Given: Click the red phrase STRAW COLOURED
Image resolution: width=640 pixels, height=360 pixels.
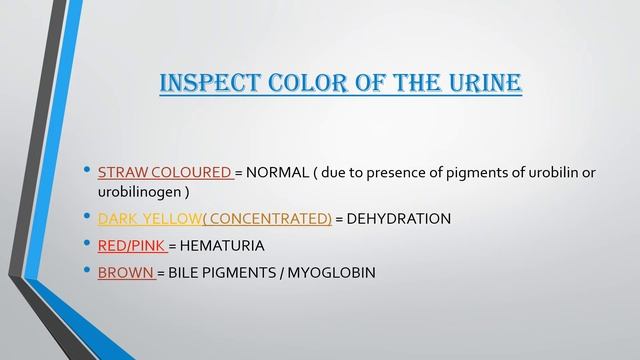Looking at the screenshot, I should click(165, 172).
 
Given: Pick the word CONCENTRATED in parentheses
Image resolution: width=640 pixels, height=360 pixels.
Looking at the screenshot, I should click(270, 218).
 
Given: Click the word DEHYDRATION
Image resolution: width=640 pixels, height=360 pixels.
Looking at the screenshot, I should click(400, 218).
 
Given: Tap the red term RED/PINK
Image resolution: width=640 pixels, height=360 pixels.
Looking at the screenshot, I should click(131, 244).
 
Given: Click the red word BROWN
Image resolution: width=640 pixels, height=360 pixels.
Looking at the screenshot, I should click(125, 271).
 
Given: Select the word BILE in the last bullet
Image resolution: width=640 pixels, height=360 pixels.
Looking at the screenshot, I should click(191, 271).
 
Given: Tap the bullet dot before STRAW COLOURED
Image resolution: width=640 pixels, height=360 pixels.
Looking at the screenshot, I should click(87, 171).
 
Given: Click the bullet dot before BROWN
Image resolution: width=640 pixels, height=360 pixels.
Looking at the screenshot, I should click(87, 270).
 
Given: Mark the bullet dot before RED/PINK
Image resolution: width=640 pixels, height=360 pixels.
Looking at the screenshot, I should click(87, 243).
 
